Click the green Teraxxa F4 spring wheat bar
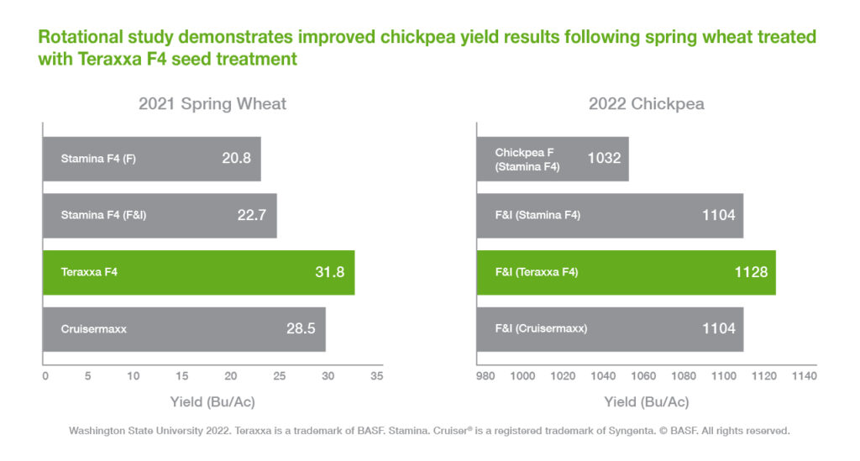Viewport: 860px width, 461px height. pos(198,272)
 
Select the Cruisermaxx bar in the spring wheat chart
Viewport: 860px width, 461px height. pos(184,329)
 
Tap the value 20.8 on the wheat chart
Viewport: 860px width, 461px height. pos(236,158)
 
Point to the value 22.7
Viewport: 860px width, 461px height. pos(251,215)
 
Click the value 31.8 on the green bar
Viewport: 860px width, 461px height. pos(328,272)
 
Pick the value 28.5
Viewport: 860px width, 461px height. pos(301,329)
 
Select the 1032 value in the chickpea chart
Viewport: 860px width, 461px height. pos(605,158)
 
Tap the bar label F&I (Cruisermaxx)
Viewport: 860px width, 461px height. pos(541,329)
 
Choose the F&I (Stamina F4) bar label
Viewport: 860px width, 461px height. pos(537,215)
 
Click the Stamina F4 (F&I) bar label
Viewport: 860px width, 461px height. pos(103,215)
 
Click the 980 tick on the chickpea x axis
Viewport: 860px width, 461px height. pos(485,376)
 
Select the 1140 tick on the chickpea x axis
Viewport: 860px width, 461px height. pos(804,376)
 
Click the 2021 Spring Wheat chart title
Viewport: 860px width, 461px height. pos(212,104)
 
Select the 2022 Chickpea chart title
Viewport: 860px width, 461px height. pos(646,104)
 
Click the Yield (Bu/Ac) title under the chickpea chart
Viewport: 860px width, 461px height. pos(646,401)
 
